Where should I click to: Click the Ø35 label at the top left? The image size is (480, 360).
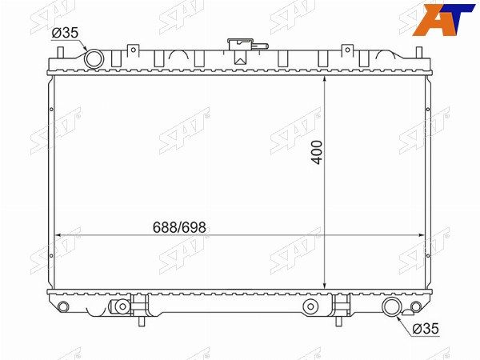tap(65, 33)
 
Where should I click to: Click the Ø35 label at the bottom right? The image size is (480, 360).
tap(426, 329)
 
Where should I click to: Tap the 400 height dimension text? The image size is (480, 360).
tap(317, 153)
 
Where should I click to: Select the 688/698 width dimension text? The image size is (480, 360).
tap(179, 227)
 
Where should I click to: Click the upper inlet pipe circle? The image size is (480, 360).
tap(94, 58)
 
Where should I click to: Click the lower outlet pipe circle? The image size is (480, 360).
tap(392, 306)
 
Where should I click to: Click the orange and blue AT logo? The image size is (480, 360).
tap(444, 19)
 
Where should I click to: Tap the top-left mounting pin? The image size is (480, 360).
tap(61, 52)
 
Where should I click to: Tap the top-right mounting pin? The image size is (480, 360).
tap(419, 52)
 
